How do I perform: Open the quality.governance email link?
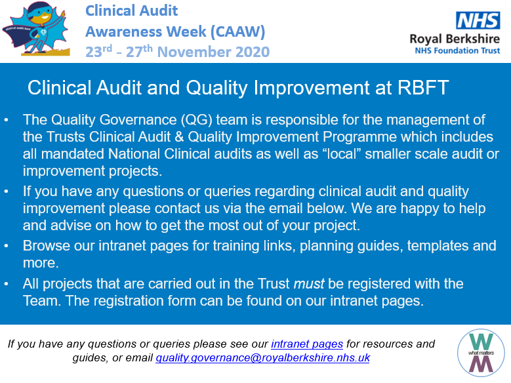[x=263, y=358]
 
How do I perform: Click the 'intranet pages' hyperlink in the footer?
[x=307, y=344]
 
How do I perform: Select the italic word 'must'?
[x=308, y=284]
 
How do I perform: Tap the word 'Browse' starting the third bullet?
[x=45, y=247]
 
